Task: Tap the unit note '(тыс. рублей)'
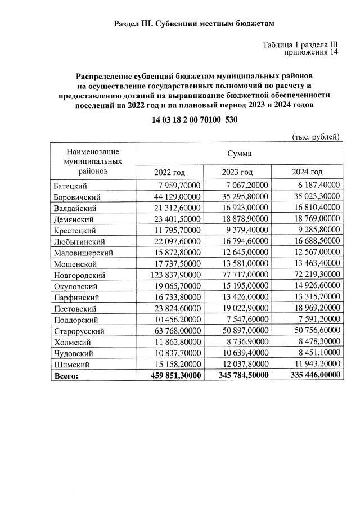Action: coord(316,137)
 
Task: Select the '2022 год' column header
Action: coord(169,172)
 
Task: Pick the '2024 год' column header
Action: coord(307,172)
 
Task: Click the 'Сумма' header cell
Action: coord(239,153)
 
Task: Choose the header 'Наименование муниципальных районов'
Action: coord(93,161)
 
